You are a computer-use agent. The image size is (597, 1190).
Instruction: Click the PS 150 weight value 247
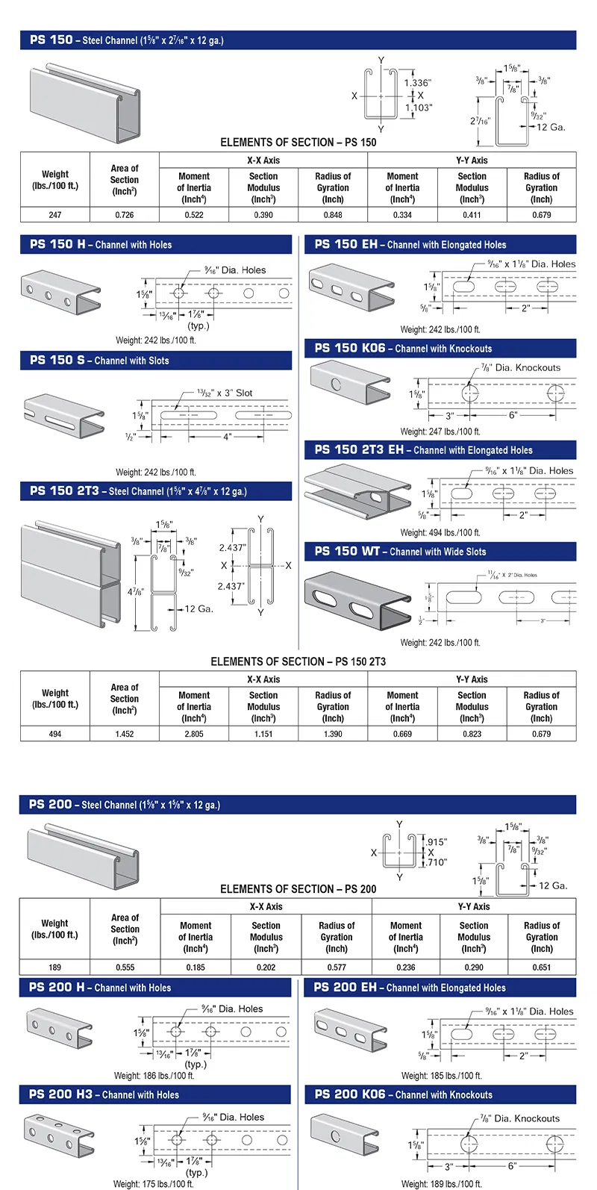tap(54, 215)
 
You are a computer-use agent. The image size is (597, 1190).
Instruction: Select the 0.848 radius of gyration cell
tap(333, 215)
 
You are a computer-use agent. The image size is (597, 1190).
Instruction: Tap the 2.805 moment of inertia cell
tap(194, 734)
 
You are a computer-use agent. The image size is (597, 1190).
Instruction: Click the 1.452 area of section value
tap(125, 734)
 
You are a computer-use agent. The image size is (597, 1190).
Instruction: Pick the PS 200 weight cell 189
tap(54, 968)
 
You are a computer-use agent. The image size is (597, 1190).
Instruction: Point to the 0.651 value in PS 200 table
tap(542, 968)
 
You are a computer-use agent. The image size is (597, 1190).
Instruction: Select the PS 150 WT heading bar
tap(440, 552)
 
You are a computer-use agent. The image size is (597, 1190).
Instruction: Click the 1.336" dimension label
tap(418, 83)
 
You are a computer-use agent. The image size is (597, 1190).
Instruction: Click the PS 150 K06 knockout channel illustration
tap(348, 382)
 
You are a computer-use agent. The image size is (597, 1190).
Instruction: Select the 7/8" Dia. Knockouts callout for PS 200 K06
tap(520, 1118)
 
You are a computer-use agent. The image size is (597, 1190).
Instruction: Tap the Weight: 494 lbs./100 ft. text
tap(440, 533)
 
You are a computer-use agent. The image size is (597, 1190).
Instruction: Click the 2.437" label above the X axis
tap(232, 547)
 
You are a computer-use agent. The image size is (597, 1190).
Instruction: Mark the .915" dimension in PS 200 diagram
tap(437, 842)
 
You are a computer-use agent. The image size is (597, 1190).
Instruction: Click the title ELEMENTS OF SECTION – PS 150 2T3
tap(298, 661)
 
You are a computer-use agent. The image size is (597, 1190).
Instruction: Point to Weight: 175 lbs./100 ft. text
tap(154, 1184)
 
